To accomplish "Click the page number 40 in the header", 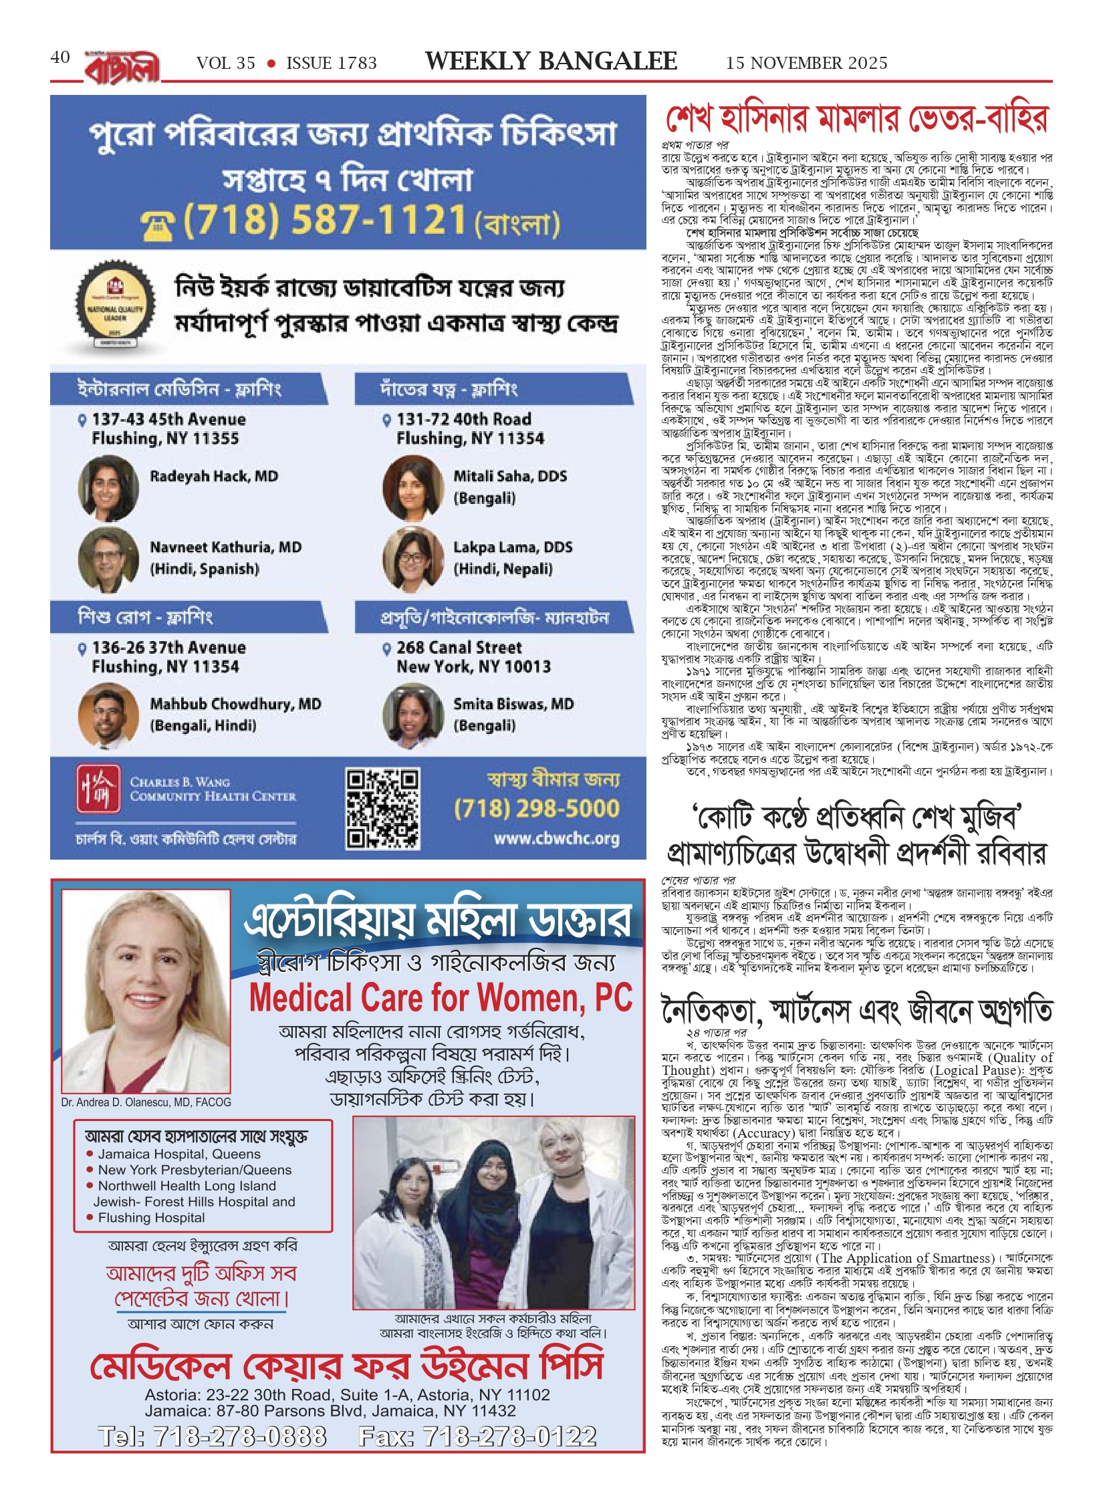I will [x=60, y=57].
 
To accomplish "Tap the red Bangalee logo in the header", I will [x=122, y=68].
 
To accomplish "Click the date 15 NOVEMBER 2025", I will [x=806, y=63].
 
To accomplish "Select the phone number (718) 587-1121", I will [x=324, y=220].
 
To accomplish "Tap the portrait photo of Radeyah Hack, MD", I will [x=108, y=487].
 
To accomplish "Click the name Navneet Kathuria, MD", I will [x=225, y=547].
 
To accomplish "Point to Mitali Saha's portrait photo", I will [x=412, y=488].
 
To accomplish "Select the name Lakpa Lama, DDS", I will [x=513, y=547].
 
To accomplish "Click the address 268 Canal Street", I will [x=459, y=647].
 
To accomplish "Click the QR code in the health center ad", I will [x=382, y=808].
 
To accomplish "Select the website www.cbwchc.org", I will [x=556, y=838].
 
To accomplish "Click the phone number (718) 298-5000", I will [x=536, y=809].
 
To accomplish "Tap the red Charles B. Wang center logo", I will [x=98, y=789].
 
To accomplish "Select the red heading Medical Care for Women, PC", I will [x=441, y=997].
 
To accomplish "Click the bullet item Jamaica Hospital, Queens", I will [x=178, y=1154].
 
